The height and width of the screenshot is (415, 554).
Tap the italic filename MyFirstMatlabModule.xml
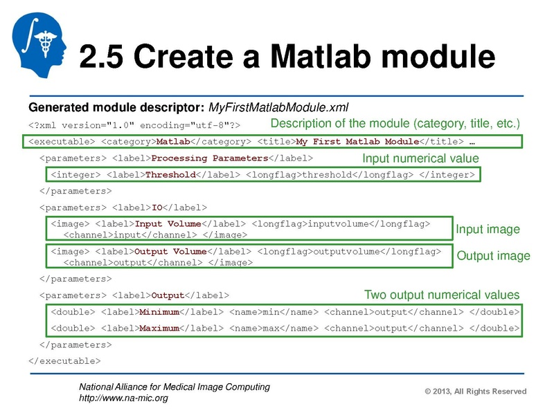[278, 108]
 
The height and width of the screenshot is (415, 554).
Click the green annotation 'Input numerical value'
[420, 158]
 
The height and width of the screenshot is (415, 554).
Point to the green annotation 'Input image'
[487, 229]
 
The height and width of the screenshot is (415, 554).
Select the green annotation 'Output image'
[493, 256]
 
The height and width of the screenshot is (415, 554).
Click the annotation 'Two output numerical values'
[441, 294]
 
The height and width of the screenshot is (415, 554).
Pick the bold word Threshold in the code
[170, 175]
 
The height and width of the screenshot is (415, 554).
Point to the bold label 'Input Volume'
[168, 224]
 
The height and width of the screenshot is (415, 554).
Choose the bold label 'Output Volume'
[170, 251]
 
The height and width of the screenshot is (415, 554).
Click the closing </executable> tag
[64, 360]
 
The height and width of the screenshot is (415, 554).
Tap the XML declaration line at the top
[134, 126]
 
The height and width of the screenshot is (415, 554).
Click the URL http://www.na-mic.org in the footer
[123, 398]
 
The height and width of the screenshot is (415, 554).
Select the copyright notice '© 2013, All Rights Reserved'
[475, 391]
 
